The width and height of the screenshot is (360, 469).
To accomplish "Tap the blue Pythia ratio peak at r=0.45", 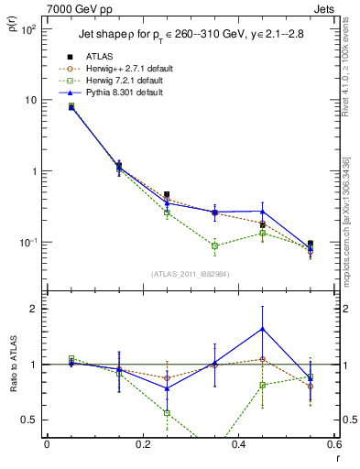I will pos(263,328).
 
